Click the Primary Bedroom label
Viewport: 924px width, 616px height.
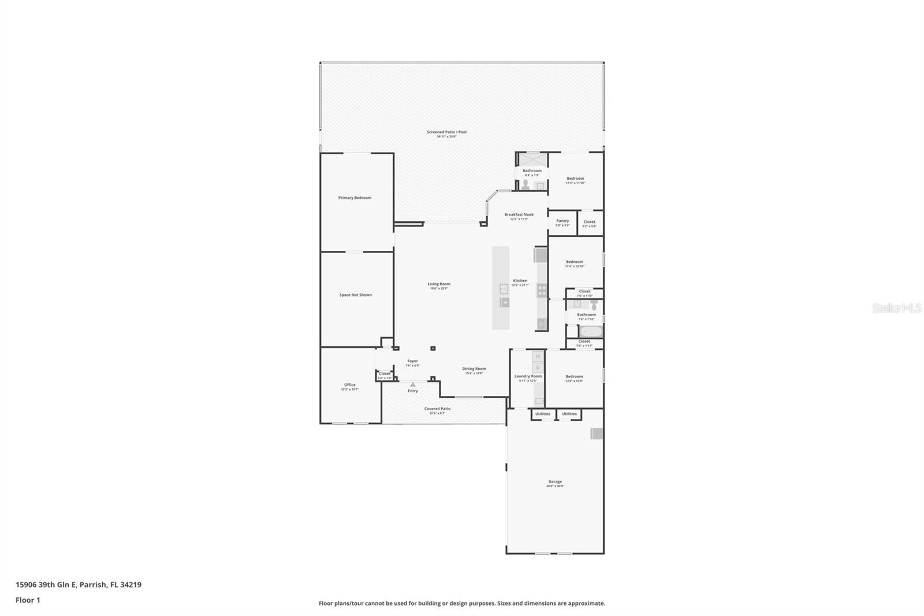[x=355, y=198]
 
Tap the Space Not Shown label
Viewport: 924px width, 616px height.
[x=355, y=295]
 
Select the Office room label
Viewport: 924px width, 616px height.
[x=349, y=385]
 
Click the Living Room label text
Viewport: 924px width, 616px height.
[x=438, y=284]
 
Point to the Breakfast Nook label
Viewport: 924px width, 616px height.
[x=519, y=214]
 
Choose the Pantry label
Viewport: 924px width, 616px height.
[x=562, y=221]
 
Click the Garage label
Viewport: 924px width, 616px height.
[x=554, y=481]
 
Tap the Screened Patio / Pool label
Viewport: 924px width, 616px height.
[x=446, y=132]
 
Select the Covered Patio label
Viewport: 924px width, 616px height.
[x=437, y=409]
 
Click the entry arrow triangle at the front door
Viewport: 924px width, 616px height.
[x=412, y=384]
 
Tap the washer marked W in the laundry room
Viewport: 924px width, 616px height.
[x=538, y=357]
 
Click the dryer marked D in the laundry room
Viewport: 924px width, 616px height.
[x=538, y=368]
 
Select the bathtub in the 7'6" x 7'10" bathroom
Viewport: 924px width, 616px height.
[x=591, y=332]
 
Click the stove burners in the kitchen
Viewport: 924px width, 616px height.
[x=542, y=290]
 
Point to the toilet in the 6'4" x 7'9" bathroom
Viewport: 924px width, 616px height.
[x=526, y=185]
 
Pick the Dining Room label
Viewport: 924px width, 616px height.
[x=474, y=369]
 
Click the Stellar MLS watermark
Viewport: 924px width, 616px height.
[x=897, y=308]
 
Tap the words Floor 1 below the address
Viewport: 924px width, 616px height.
[x=28, y=600]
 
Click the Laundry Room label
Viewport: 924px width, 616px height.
[x=528, y=376]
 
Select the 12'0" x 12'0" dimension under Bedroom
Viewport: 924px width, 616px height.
[x=574, y=381]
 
